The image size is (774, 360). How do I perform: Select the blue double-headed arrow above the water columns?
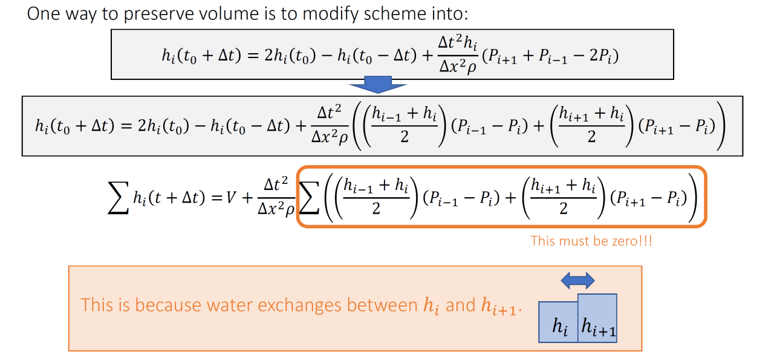pyautogui.click(x=577, y=280)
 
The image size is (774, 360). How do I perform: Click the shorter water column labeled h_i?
pyautogui.click(x=558, y=322)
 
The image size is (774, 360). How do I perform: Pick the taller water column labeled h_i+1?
pyautogui.click(x=597, y=318)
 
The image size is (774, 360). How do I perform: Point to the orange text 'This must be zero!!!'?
pyautogui.click(x=591, y=241)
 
